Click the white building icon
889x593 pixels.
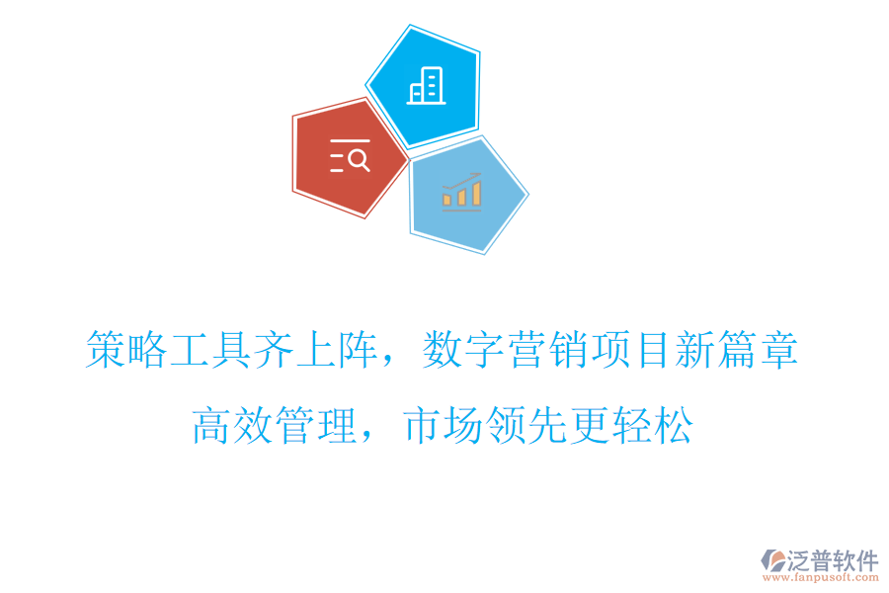[x=427, y=86]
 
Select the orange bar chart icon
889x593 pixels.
[x=462, y=192]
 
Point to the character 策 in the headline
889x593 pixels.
[x=106, y=351]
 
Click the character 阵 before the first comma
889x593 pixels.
[x=358, y=351]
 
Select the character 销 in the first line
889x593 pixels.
[x=568, y=351]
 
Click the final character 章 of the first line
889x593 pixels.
[x=779, y=351]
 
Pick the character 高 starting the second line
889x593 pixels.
[x=212, y=425]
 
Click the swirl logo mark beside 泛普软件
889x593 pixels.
[x=771, y=560]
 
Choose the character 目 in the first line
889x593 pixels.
[x=653, y=351]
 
